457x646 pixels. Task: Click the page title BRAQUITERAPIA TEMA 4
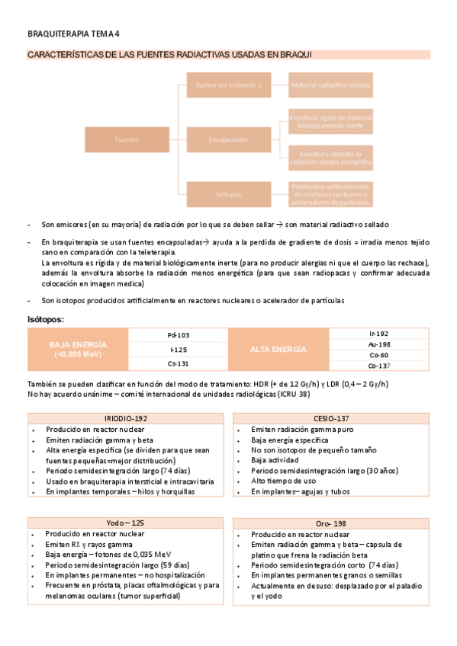73,34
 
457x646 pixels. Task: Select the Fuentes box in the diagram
127,139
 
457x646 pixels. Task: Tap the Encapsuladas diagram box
228,139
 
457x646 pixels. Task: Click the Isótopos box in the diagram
228,194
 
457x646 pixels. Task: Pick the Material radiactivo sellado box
330,85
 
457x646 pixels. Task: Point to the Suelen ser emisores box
228,85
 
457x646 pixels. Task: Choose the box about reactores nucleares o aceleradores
330,194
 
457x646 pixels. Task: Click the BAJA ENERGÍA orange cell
78,350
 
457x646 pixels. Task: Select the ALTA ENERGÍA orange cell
278,350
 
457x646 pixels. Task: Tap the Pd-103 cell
178,335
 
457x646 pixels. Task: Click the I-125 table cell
178,350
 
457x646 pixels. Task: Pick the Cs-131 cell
178,364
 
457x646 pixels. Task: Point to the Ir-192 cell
378,334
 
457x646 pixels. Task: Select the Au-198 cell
378,344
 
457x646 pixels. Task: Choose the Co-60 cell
378,355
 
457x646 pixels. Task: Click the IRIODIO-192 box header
127,419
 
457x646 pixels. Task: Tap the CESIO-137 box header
330,419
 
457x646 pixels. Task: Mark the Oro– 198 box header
330,524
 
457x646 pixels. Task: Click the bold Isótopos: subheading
46,319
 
